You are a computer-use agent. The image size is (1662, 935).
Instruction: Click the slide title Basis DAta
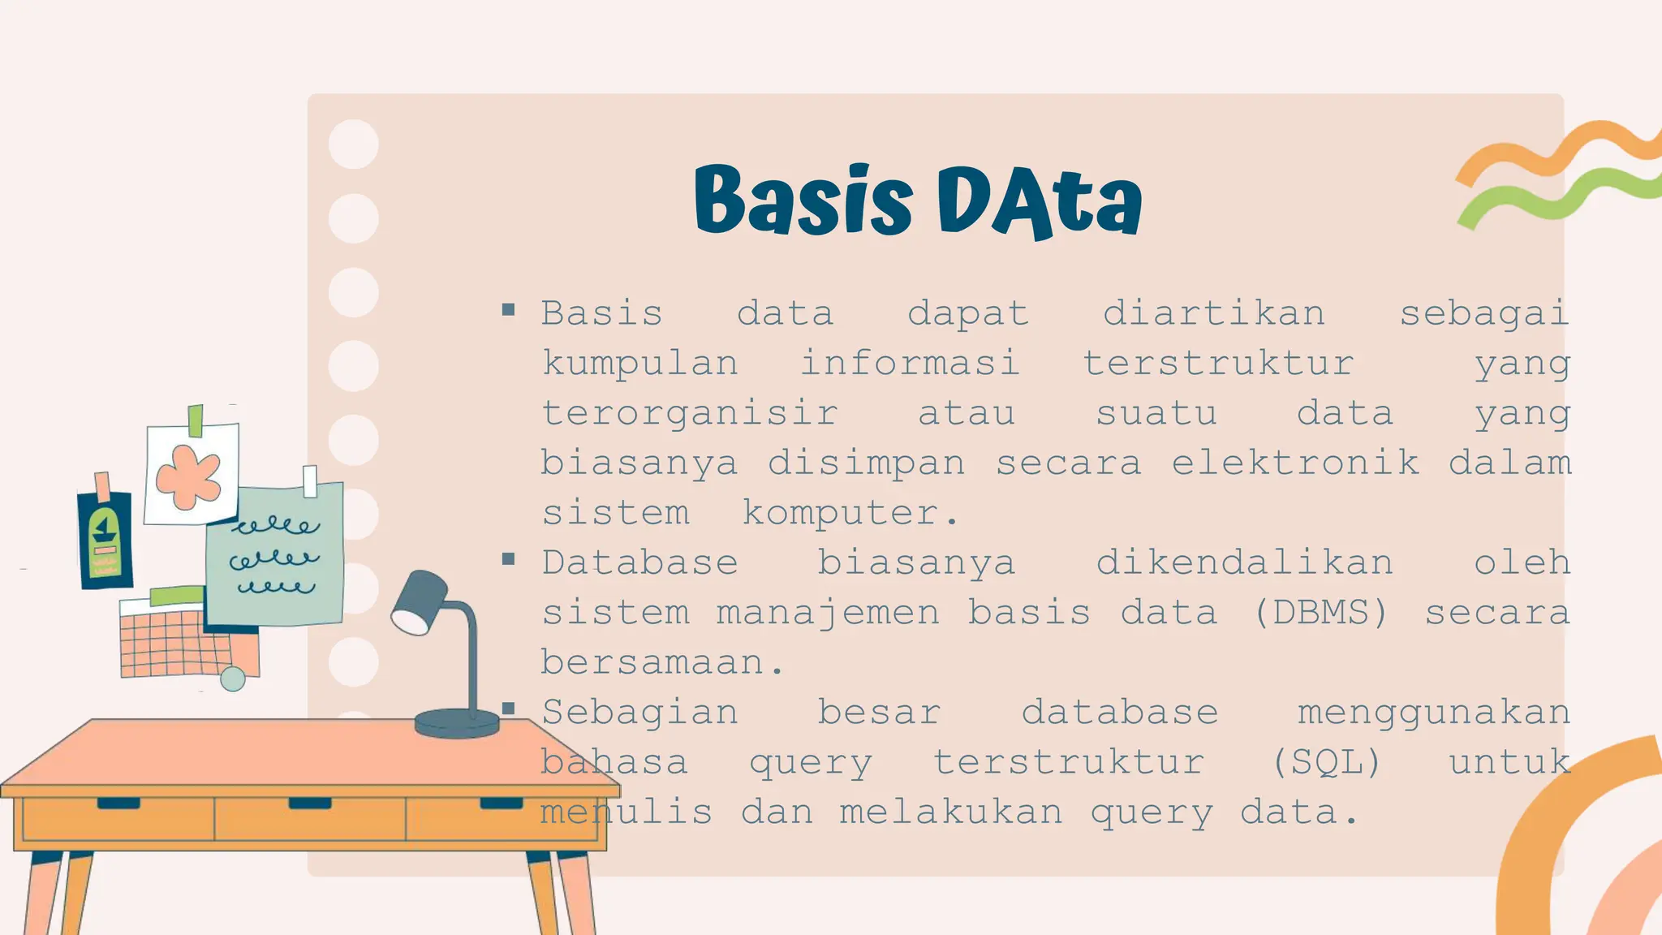[x=918, y=200]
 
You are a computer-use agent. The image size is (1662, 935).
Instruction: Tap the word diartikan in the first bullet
[x=1213, y=313]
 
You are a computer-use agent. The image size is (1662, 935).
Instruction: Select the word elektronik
[x=1295, y=463]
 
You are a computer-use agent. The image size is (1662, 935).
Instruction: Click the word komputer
[x=850, y=513]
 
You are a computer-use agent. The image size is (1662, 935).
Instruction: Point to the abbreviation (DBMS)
[x=1321, y=613]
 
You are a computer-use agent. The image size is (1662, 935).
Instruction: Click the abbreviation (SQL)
[x=1326, y=762]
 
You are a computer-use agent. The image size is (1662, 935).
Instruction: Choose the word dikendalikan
[x=1244, y=562]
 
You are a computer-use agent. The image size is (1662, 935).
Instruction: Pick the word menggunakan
[x=1433, y=713]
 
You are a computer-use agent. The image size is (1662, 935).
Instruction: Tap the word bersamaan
[x=662, y=663]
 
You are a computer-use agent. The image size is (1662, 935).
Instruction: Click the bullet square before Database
[x=509, y=559]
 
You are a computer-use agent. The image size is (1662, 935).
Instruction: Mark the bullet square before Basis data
[x=509, y=309]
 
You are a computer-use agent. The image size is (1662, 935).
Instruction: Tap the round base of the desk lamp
[x=456, y=722]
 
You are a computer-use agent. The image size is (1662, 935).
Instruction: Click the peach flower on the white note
[x=189, y=476]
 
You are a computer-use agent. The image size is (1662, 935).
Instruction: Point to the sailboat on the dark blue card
[x=103, y=532]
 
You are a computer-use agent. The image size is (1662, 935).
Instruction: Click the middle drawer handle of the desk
[x=309, y=804]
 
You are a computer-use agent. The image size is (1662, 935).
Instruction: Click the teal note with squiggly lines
[x=276, y=556]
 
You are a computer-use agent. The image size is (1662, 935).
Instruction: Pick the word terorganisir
[x=690, y=413]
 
